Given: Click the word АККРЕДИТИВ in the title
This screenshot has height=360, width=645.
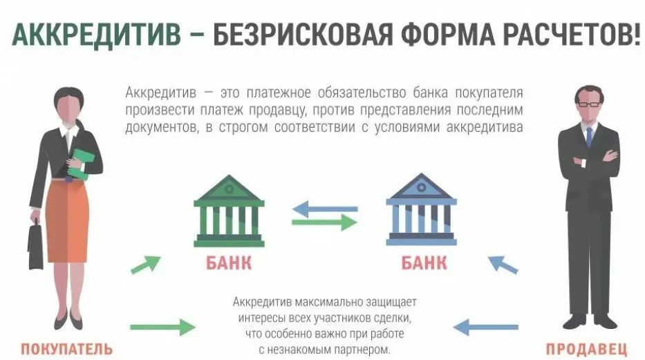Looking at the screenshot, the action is [96, 33].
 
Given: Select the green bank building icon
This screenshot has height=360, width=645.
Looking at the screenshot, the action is [229, 211].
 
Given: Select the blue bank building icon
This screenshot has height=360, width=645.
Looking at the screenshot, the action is [421, 209].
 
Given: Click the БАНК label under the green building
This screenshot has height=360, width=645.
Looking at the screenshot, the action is [229, 263].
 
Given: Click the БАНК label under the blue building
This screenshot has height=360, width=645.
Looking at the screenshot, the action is [424, 263].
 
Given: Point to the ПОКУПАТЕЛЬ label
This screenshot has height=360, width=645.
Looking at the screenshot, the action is [66, 349].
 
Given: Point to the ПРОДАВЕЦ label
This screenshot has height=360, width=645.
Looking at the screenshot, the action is [587, 349].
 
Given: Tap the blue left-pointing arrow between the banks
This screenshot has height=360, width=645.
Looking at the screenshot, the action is [325, 209].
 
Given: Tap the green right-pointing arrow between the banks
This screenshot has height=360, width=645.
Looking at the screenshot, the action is [324, 222].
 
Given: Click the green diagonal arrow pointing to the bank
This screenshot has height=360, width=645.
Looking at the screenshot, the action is [145, 264].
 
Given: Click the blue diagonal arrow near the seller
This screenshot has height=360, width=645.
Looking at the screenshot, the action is [503, 265].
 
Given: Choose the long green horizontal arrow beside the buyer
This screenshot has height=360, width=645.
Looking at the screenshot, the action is [163, 327].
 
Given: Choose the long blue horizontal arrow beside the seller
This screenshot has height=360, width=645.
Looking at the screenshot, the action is [485, 327].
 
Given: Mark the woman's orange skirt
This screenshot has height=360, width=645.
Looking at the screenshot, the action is [67, 221].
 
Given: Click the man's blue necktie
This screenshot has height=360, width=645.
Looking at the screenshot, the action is [589, 137].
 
